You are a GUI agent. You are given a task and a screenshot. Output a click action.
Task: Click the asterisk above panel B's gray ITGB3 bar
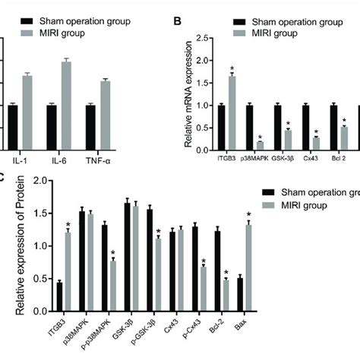[232, 69]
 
